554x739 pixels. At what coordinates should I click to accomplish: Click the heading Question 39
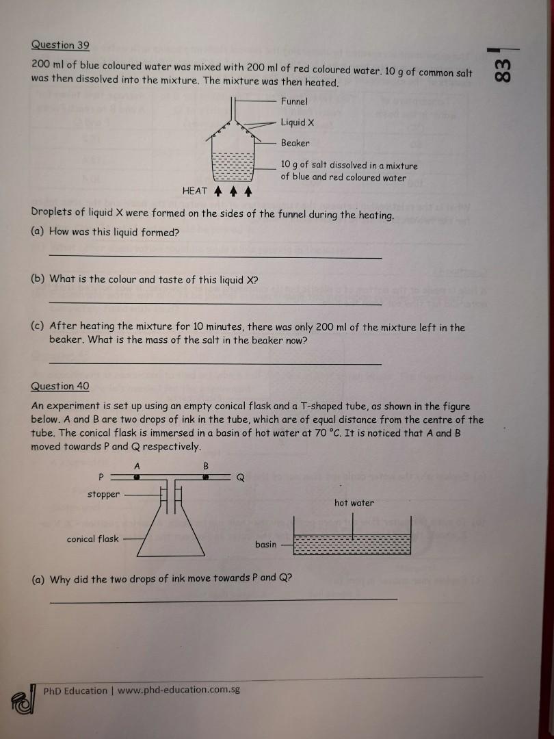60,45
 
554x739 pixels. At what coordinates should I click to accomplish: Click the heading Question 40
60,386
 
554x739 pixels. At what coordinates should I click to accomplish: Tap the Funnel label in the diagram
294,101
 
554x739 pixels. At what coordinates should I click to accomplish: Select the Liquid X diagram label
298,122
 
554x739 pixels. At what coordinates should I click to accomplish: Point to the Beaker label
295,143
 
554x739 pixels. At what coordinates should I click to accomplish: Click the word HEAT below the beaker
196,191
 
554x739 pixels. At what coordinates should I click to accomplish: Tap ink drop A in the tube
137,478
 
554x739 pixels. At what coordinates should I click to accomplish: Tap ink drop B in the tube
205,478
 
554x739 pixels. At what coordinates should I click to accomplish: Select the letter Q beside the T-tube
240,478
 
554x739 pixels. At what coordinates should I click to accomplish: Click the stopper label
103,494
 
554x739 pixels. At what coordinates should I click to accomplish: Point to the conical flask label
92,539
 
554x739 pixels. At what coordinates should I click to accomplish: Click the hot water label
354,503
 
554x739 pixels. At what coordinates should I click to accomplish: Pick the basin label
266,544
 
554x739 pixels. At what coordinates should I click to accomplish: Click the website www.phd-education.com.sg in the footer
179,690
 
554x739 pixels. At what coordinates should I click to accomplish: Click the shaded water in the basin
352,545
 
